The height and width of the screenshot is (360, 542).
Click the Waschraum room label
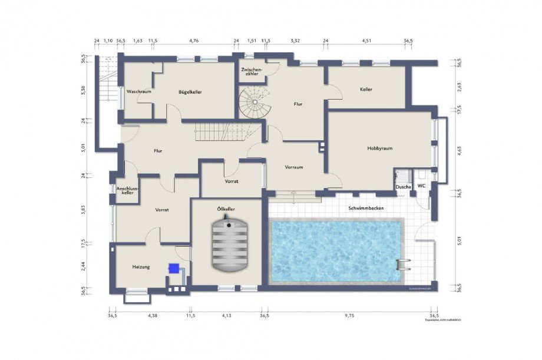tap(139, 92)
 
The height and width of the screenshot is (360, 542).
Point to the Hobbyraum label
tap(380, 148)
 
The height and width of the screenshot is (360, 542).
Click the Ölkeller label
tap(226, 209)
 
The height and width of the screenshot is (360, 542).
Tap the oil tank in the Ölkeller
tap(229, 245)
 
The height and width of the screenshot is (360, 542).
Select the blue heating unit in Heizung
tap(174, 268)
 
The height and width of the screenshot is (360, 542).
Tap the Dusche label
tap(404, 187)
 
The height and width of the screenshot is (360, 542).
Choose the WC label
tap(421, 186)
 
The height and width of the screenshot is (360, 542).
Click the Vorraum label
tap(294, 167)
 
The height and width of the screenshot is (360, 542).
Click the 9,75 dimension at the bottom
tap(349, 316)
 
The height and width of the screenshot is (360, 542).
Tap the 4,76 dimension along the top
tap(193, 41)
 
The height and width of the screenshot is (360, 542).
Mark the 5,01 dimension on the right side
tap(459, 240)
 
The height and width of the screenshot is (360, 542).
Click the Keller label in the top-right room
tap(366, 90)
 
